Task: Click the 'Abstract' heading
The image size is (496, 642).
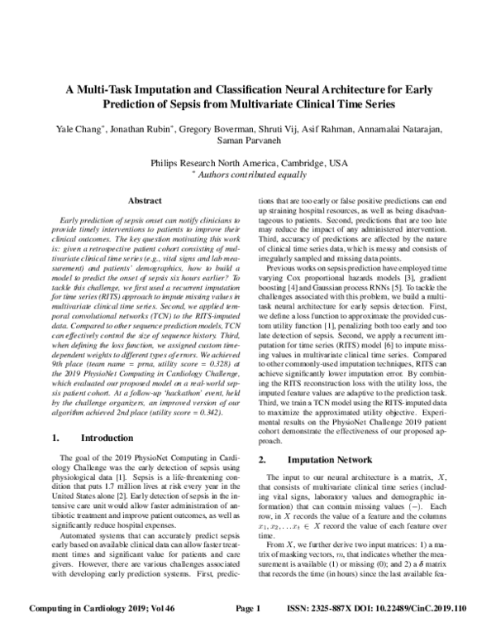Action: point(133,199)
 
